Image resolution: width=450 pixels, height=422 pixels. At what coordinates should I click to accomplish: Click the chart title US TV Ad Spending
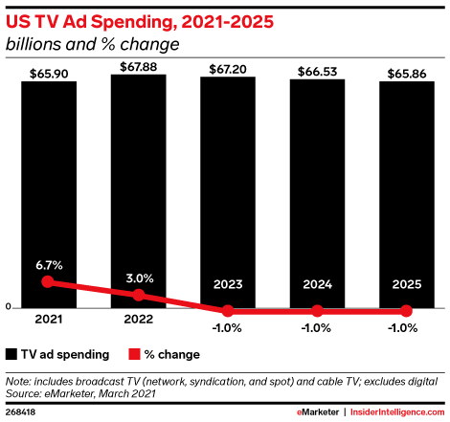tap(92, 23)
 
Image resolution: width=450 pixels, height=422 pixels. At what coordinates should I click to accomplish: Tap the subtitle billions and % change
tap(93, 44)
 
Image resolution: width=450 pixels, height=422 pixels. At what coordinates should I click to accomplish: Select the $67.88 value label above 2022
tap(138, 67)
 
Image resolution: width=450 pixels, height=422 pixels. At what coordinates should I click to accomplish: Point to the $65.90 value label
tap(49, 74)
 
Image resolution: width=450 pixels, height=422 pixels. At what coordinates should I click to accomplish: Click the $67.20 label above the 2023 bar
tap(228, 69)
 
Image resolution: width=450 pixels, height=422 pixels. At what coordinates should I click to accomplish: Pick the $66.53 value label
tap(317, 72)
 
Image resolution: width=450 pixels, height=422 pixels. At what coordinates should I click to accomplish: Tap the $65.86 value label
tap(407, 74)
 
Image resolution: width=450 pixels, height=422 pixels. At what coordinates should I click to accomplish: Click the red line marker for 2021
tap(48, 281)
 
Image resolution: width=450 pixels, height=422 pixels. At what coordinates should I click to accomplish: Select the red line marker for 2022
tap(139, 295)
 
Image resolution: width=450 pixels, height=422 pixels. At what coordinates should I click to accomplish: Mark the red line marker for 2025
tap(406, 311)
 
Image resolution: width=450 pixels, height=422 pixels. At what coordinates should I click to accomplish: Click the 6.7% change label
tap(49, 265)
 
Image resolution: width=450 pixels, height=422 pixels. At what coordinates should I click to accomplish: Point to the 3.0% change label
tap(140, 278)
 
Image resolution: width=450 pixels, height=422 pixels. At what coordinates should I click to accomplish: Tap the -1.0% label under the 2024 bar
tap(316, 328)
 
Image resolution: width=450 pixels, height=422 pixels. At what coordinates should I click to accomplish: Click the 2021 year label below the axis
tap(49, 320)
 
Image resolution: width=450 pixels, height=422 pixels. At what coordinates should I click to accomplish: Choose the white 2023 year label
tap(228, 284)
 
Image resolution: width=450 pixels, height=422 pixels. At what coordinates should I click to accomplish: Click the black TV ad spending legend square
tap(11, 354)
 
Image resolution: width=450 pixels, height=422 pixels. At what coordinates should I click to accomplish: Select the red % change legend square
tap(134, 354)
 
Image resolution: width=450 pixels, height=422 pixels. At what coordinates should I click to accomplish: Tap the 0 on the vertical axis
tap(9, 307)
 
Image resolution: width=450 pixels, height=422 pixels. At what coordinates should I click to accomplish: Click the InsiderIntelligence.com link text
tap(397, 412)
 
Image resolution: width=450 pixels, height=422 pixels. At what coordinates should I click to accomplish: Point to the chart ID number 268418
tap(20, 412)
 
